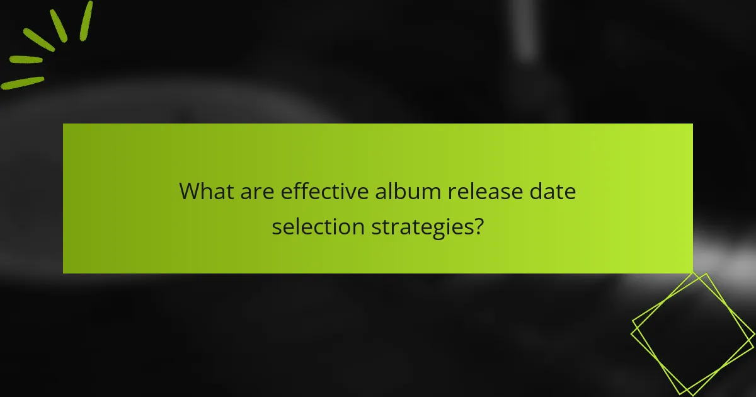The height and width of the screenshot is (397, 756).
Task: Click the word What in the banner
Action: click(x=206, y=191)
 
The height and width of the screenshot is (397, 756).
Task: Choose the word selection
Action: click(x=318, y=226)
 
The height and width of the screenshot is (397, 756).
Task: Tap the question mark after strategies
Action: click(x=479, y=226)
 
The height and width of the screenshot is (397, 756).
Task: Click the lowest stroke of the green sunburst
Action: click(x=23, y=83)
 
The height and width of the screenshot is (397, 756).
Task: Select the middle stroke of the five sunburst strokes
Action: click(x=38, y=39)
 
